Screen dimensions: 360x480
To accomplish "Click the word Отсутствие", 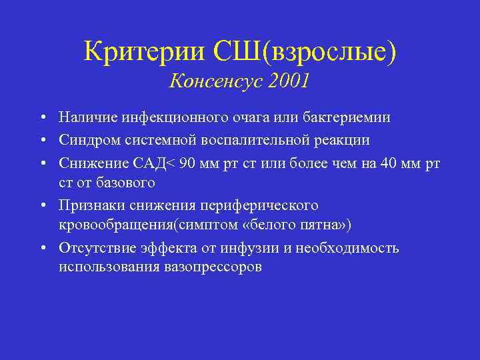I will tap(97, 249).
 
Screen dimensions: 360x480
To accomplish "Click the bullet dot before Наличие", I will tap(42, 119).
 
